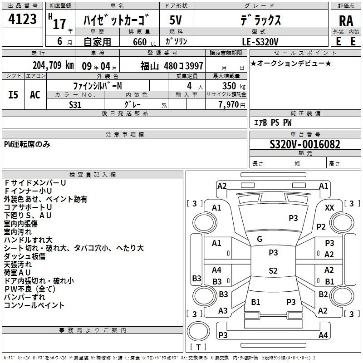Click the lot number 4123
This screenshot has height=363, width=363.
22,19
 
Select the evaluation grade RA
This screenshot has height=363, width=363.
346,21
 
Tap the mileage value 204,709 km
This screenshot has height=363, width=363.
53,65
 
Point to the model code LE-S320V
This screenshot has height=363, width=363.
260,42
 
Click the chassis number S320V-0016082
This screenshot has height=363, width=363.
305,144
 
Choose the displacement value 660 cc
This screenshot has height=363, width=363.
144,42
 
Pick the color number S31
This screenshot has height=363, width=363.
75,105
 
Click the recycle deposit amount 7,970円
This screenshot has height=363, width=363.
232,105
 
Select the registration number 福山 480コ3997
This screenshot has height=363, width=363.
172,66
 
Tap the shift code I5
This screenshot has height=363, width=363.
13,95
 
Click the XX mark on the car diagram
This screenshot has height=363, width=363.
329,208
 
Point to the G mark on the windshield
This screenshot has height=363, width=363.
260,239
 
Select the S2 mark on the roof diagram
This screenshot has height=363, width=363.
273,270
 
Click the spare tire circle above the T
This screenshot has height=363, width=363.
198,331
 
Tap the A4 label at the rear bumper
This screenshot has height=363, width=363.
323,335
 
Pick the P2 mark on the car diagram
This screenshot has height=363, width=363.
321,226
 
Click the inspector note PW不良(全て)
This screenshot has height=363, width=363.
30,289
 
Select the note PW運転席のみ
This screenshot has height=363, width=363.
27,144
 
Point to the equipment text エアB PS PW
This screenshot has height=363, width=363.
273,123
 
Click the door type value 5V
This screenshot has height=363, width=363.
176,20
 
